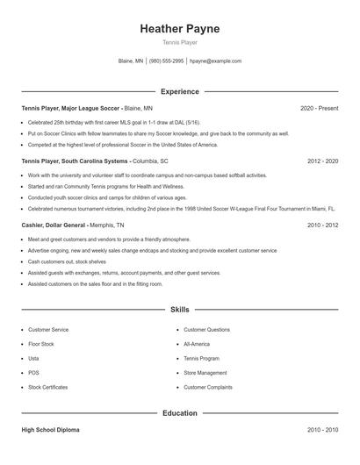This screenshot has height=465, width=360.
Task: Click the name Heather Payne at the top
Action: coord(179,29)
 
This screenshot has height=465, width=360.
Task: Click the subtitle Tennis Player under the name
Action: coord(179,42)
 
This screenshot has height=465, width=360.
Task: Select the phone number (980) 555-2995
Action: coord(167,61)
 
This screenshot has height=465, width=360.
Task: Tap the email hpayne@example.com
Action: coord(215,61)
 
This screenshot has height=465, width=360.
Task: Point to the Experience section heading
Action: coord(179,91)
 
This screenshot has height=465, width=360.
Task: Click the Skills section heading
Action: coord(179,310)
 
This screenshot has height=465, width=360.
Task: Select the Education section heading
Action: coord(179,412)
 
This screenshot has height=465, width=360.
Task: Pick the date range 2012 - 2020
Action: coord(323,161)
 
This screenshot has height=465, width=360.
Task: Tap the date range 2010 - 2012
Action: coord(323,225)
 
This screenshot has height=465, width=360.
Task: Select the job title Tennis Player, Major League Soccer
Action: coord(71,108)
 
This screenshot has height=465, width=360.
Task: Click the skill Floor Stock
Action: coord(40,344)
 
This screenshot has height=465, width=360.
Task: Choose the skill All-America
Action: coord(197,344)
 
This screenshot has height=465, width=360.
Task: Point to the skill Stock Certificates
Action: coord(47,387)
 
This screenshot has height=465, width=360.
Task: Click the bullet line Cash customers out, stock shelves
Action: coord(67,261)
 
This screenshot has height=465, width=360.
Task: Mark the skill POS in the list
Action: coord(33,372)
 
